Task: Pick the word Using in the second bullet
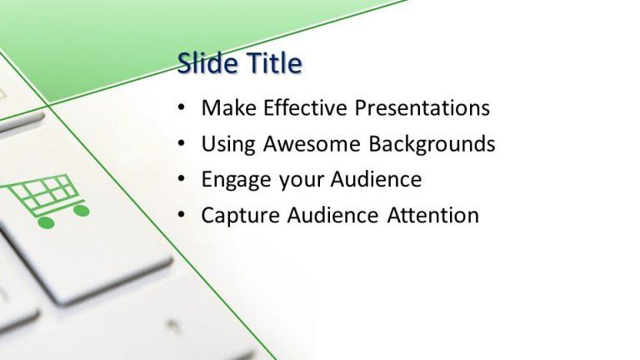[x=228, y=144]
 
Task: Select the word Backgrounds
[x=432, y=144]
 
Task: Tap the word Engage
[x=234, y=180]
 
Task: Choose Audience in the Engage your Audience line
[x=376, y=180]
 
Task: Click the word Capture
[x=240, y=216]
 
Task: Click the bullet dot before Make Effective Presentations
[x=182, y=109]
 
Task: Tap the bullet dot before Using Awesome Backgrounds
[x=182, y=145]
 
